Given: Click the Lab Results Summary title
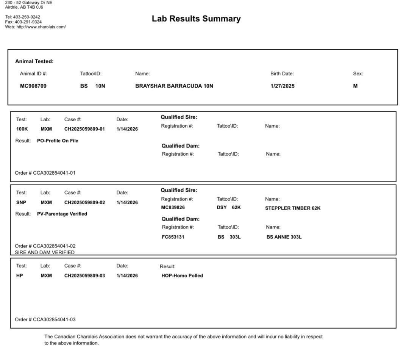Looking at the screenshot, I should (x=196, y=19).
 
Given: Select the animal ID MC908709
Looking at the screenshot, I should (x=33, y=86).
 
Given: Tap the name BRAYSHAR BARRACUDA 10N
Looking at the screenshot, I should (x=174, y=86).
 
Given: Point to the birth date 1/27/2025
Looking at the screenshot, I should (x=283, y=86).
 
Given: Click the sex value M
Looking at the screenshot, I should (x=355, y=86).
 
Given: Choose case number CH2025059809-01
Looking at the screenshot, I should (x=84, y=129).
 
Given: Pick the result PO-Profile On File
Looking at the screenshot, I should (x=58, y=141).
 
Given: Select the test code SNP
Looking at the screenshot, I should (x=21, y=202).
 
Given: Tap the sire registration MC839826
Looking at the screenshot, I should (x=173, y=208).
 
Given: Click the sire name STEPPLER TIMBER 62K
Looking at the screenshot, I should (x=293, y=208).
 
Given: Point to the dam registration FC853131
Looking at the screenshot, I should (x=173, y=237).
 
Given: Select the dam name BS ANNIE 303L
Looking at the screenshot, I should (x=284, y=237).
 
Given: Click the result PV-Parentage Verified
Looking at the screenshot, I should (x=62, y=214).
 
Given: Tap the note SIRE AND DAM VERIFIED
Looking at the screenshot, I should (x=45, y=252).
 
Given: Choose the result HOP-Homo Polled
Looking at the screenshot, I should (x=182, y=276).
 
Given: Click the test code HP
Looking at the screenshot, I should (x=20, y=275).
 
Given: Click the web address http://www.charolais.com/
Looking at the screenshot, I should (x=41, y=27).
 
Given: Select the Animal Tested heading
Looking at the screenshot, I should (x=34, y=61).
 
